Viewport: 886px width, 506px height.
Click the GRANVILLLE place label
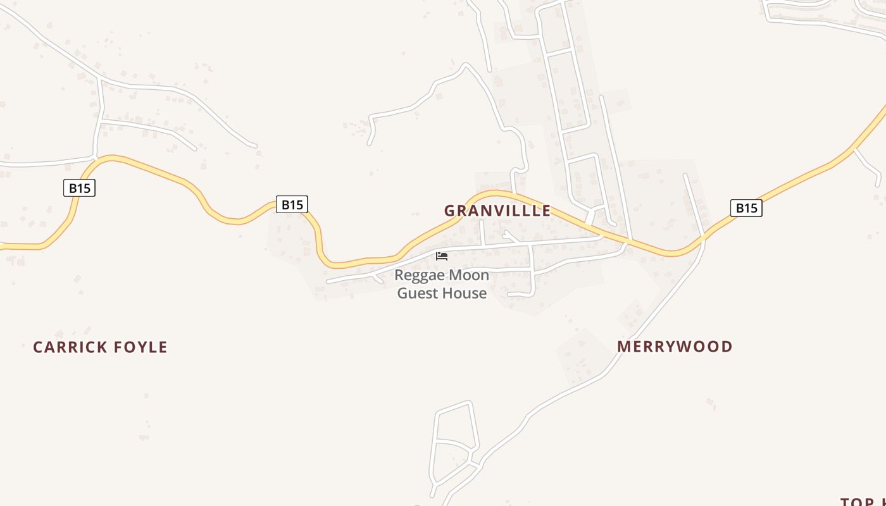pyautogui.click(x=497, y=211)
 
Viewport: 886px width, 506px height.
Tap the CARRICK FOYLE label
pyautogui.click(x=100, y=347)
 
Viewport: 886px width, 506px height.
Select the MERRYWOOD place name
pyautogui.click(x=675, y=347)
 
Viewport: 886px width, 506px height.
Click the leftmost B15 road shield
pyautogui.click(x=79, y=188)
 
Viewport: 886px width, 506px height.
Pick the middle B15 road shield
pyautogui.click(x=292, y=204)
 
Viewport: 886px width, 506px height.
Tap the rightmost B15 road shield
pyautogui.click(x=746, y=208)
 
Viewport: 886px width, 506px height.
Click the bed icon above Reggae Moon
pyautogui.click(x=442, y=256)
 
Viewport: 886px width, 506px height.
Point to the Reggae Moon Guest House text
pyautogui.click(x=442, y=284)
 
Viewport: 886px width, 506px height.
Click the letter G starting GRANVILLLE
pyautogui.click(x=449, y=211)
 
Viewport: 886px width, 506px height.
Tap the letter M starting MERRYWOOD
pyautogui.click(x=623, y=347)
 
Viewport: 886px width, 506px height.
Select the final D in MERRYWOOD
pyautogui.click(x=727, y=347)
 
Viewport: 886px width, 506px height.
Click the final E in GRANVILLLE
pyautogui.click(x=546, y=211)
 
